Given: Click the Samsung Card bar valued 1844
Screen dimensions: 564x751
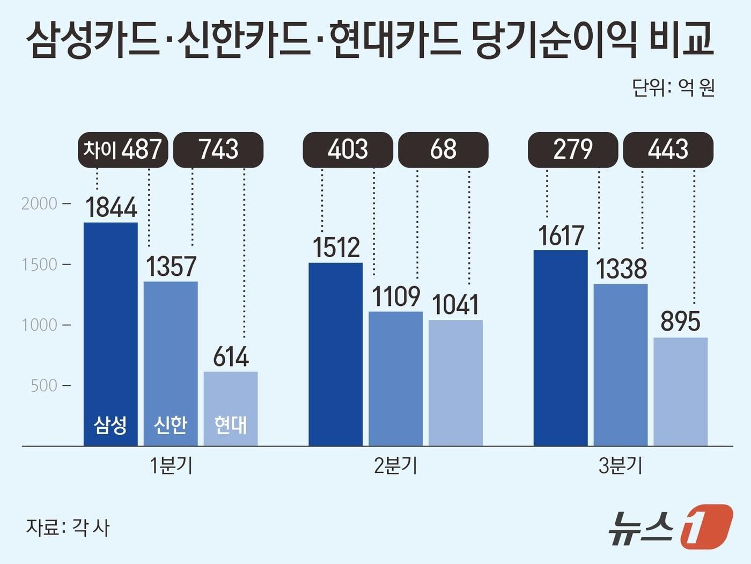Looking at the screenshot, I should click(111, 333).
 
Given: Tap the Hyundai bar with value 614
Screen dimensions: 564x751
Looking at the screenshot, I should click(231, 408).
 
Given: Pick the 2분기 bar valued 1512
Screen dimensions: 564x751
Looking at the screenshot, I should click(336, 354).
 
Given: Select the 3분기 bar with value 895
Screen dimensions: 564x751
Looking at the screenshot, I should click(680, 391).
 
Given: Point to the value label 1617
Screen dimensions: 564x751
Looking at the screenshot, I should click(561, 236).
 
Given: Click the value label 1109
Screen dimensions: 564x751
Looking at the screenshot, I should click(396, 297).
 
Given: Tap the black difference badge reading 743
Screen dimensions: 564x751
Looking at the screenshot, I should click(219, 150).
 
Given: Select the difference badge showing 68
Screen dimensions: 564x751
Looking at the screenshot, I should click(443, 150).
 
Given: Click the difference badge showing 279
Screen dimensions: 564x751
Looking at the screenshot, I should click(573, 150).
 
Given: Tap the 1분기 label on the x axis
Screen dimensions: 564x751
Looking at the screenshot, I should click(171, 466).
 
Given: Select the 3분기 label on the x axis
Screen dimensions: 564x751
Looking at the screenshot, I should click(620, 466).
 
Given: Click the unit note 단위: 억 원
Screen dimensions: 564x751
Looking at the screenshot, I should click(673, 87).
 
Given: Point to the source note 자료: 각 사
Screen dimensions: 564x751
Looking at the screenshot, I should click(68, 528).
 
